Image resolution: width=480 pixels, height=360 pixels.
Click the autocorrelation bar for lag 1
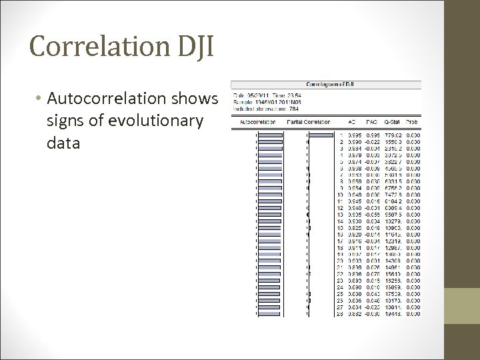(271, 135)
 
